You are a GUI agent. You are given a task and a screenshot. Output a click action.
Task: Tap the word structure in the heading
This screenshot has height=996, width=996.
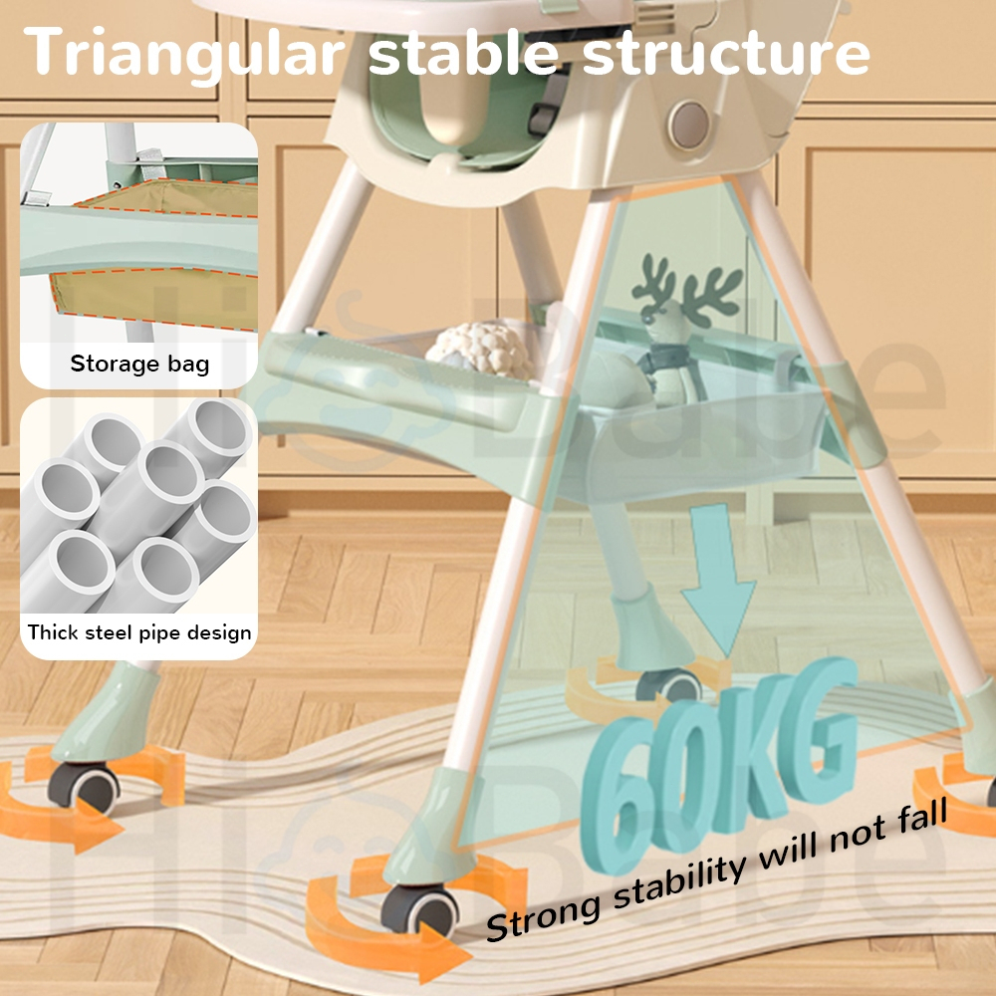726,52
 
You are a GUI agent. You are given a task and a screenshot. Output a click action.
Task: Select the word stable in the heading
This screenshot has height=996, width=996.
464,51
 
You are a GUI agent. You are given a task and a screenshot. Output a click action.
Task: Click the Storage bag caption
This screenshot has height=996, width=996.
139,364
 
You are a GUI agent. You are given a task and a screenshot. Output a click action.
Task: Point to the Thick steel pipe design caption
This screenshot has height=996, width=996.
139,632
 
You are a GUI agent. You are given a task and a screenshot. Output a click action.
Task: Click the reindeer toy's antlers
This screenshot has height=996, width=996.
689,283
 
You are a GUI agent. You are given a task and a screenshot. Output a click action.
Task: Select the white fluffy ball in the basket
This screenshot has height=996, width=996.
480,352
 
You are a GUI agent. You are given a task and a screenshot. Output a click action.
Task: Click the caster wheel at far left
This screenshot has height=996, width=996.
84,788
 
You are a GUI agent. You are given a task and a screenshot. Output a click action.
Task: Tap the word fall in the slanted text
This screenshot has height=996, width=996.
921,817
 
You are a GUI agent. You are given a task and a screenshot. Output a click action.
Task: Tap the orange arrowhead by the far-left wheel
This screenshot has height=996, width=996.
99,827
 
